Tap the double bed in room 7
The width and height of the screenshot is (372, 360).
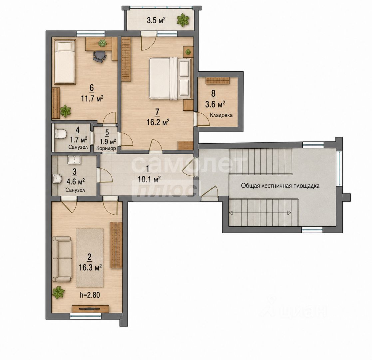pyautogui.click(x=170, y=78)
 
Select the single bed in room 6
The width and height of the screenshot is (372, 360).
pyautogui.click(x=65, y=62)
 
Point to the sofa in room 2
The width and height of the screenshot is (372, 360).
pyautogui.click(x=62, y=259)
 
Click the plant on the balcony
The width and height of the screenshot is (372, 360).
pyautogui.click(x=183, y=20)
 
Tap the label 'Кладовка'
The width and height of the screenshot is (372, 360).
pyautogui.click(x=221, y=115)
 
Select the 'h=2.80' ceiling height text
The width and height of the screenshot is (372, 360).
pyautogui.click(x=90, y=295)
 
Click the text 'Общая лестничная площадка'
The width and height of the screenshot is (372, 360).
pyautogui.click(x=280, y=186)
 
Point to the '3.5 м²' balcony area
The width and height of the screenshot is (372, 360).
pyautogui.click(x=156, y=20)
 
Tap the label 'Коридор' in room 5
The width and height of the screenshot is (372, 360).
pyautogui.click(x=106, y=149)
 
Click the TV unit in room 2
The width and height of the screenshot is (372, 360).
pyautogui.click(x=90, y=309)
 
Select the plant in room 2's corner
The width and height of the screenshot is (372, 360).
pyautogui.click(x=58, y=292)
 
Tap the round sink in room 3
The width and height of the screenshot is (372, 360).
pyautogui.click(x=57, y=178)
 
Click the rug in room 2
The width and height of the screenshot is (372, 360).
pyautogui.click(x=90, y=258)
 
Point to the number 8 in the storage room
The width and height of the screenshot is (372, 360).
pyautogui.click(x=213, y=94)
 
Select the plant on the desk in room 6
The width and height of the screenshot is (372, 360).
pyautogui.click(x=102, y=43)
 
